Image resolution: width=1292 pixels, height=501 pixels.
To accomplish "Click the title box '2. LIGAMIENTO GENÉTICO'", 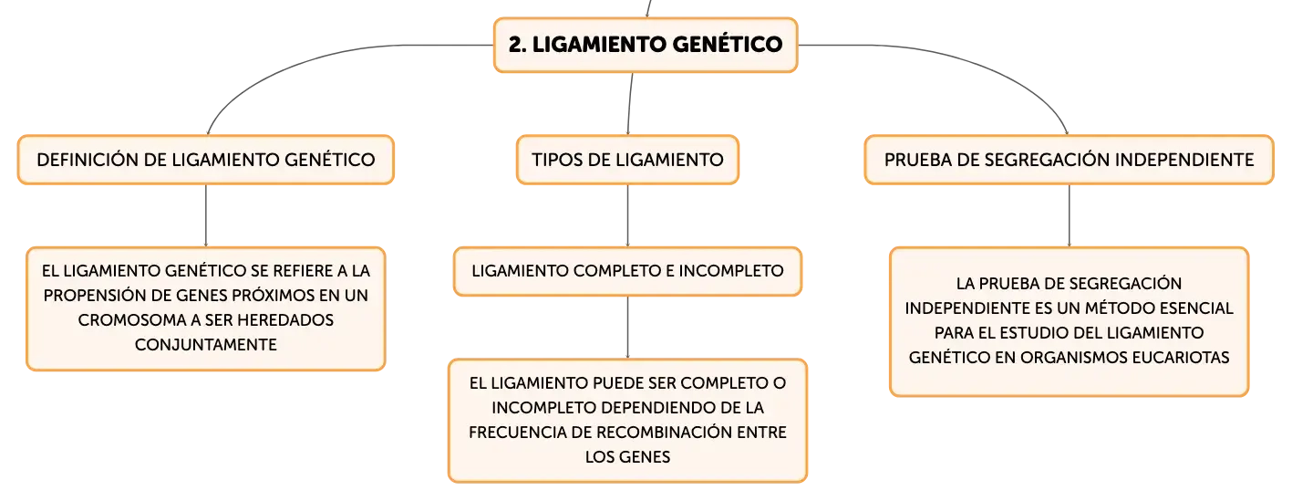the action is pyautogui.click(x=646, y=45).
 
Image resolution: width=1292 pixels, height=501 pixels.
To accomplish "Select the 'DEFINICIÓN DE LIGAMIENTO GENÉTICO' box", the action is pyautogui.click(x=206, y=160).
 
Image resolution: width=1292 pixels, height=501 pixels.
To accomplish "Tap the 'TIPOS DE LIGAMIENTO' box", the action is pyautogui.click(x=627, y=160).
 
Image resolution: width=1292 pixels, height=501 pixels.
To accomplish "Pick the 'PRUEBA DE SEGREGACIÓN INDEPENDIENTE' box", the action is pyautogui.click(x=1069, y=160).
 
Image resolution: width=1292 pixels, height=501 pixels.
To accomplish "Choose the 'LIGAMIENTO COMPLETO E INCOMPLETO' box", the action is pyautogui.click(x=627, y=271).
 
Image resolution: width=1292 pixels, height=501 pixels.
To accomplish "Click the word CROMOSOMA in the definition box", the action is pyautogui.click(x=132, y=320).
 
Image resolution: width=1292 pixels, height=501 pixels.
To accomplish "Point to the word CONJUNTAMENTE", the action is pyautogui.click(x=206, y=345).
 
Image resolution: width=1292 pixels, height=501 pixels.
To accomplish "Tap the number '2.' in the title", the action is pyautogui.click(x=517, y=45).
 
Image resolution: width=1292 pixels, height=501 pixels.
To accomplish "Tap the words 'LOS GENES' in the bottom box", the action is pyautogui.click(x=627, y=457).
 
